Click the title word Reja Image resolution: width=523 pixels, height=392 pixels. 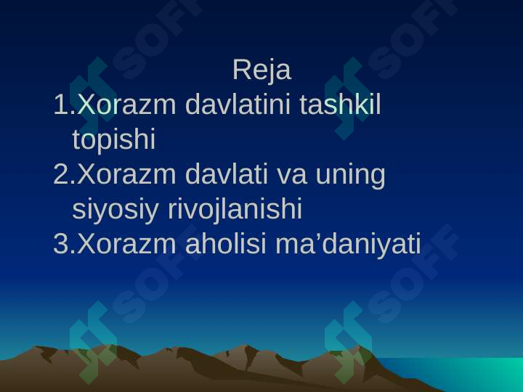(261, 70)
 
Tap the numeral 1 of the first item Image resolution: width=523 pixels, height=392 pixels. (60, 105)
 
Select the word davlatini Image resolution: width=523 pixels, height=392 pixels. (238, 105)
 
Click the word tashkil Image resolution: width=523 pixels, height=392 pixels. (340, 105)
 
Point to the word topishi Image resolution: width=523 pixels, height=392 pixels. (114, 140)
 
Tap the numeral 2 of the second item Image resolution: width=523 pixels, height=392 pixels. (61, 174)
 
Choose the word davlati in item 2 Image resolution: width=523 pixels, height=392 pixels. (226, 174)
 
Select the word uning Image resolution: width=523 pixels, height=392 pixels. (350, 176)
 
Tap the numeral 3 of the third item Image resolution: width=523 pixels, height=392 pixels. (61, 244)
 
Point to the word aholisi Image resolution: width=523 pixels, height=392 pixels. (225, 244)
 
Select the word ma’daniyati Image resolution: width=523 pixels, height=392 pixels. (348, 245)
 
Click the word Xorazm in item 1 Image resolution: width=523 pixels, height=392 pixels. (126, 105)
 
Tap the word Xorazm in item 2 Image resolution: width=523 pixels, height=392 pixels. (126, 174)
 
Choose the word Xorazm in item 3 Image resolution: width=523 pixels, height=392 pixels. (126, 244)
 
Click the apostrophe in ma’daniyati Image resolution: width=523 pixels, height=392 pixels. (316, 237)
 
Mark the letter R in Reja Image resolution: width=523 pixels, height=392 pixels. (241, 70)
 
